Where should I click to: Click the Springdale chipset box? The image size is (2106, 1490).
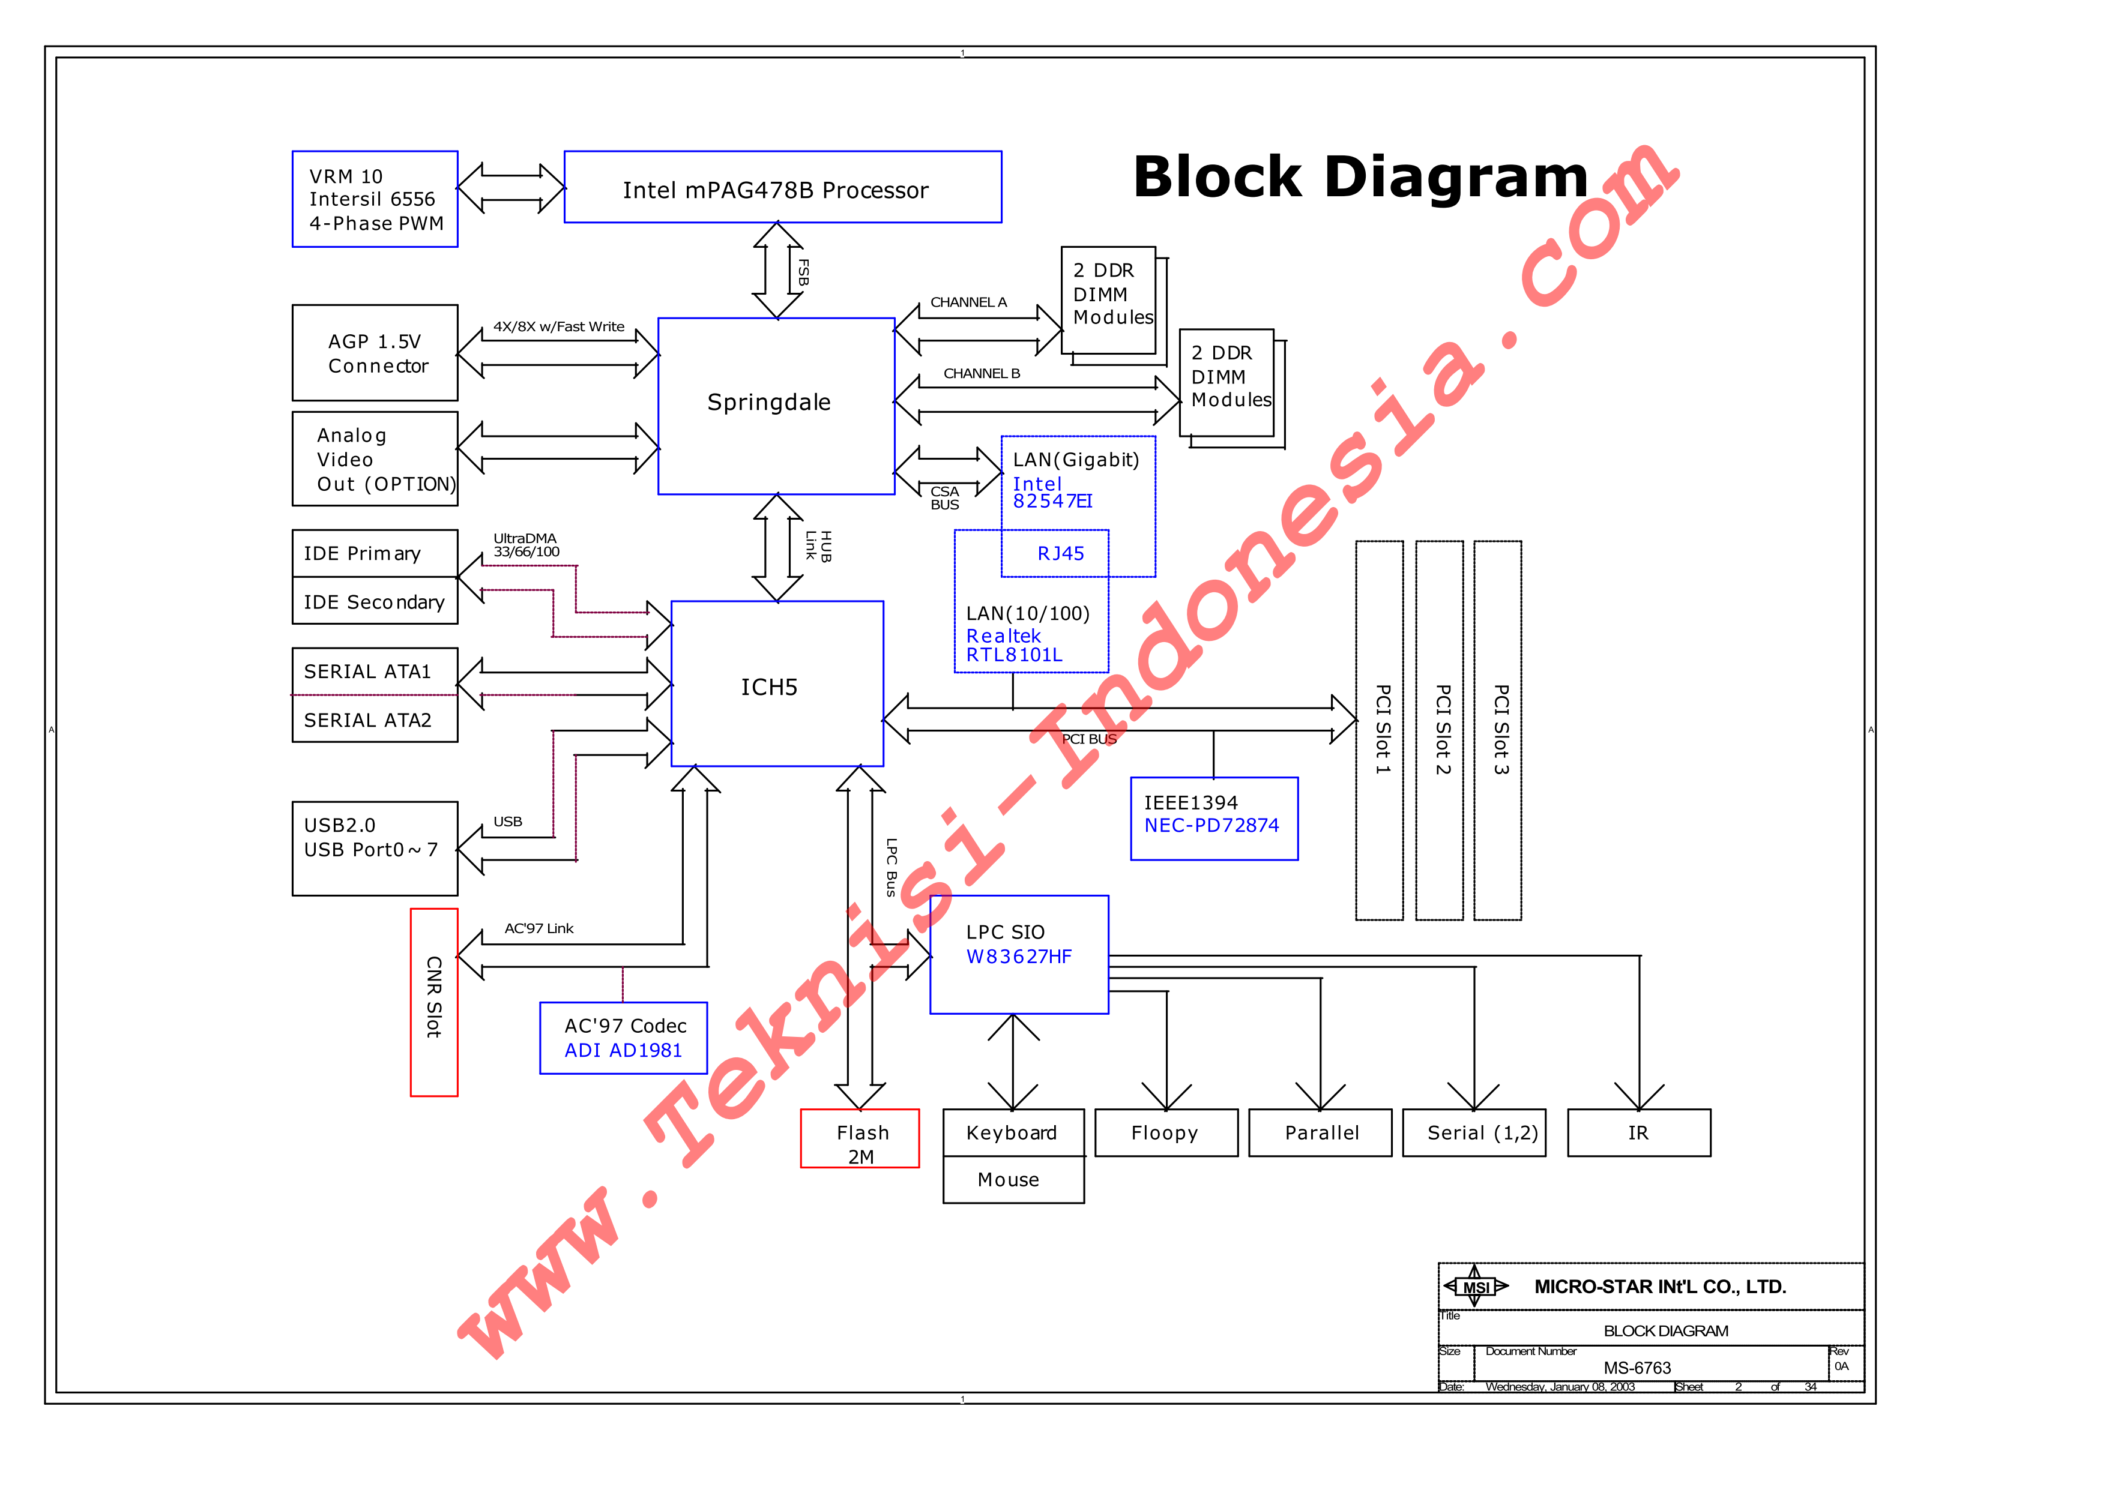[x=776, y=406]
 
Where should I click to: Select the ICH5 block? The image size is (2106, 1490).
[x=777, y=683]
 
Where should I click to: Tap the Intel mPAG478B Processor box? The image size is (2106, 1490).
[x=783, y=187]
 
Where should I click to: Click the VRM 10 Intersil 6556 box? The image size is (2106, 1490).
[x=375, y=199]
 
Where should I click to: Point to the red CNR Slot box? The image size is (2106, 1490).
[x=434, y=1002]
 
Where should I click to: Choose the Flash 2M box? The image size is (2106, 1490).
[x=860, y=1138]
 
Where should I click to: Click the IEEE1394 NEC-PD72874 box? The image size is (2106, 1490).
[x=1214, y=819]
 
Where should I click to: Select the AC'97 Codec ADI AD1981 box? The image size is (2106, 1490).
[x=624, y=1038]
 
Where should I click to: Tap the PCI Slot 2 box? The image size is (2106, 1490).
[x=1439, y=730]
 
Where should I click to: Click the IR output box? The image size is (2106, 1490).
[x=1639, y=1133]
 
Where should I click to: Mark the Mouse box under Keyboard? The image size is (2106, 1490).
[x=1013, y=1180]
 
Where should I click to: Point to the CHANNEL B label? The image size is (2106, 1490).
[x=982, y=373]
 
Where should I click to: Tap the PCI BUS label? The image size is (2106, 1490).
[x=1089, y=739]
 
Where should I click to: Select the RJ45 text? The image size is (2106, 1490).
[x=1061, y=553]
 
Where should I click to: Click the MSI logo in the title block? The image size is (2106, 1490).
[x=1476, y=1287]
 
